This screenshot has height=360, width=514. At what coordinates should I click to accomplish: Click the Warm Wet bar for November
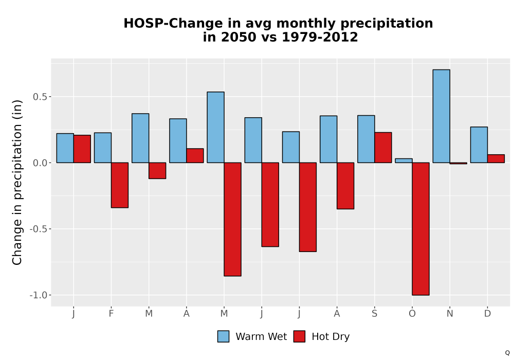pyautogui.click(x=441, y=116)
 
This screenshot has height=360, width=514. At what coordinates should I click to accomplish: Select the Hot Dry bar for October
pyautogui.click(x=420, y=229)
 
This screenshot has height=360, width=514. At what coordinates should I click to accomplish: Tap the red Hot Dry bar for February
pyautogui.click(x=120, y=185)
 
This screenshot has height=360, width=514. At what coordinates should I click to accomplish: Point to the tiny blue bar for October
pyautogui.click(x=403, y=160)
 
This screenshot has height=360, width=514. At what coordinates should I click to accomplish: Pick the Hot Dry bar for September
pyautogui.click(x=383, y=148)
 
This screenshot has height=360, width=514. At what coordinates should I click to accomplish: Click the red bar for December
pyautogui.click(x=495, y=159)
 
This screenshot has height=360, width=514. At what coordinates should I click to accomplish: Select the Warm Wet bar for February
pyautogui.click(x=103, y=148)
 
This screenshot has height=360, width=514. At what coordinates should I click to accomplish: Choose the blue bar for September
pyautogui.click(x=366, y=139)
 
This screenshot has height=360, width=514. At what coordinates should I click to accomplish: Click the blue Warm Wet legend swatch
pyautogui.click(x=223, y=336)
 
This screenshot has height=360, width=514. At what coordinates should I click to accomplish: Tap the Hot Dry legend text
pyautogui.click(x=331, y=337)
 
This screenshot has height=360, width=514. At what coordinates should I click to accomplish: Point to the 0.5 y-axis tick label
pyautogui.click(x=40, y=97)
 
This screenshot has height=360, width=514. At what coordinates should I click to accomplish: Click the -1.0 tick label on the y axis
pyautogui.click(x=39, y=295)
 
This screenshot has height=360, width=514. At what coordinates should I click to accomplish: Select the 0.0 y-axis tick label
pyautogui.click(x=40, y=163)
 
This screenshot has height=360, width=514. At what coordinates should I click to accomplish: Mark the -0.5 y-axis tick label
pyautogui.click(x=39, y=229)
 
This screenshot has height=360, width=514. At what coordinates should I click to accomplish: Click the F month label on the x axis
pyautogui.click(x=111, y=314)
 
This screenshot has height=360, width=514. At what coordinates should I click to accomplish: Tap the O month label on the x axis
pyautogui.click(x=412, y=314)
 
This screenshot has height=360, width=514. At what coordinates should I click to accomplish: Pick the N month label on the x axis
pyautogui.click(x=450, y=314)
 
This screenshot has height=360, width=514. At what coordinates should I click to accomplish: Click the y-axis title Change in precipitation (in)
pyautogui.click(x=17, y=182)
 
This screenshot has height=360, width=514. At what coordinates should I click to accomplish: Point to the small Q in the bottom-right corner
pyautogui.click(x=507, y=353)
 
